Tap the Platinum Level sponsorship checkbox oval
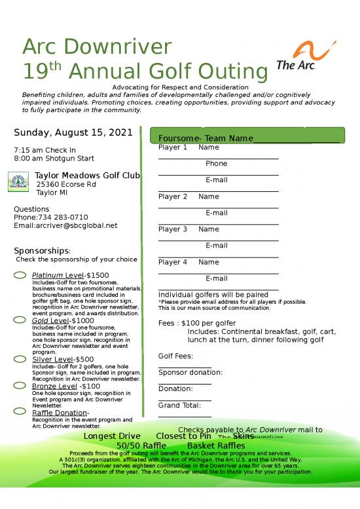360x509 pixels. coord(20,274)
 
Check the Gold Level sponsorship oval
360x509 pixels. coord(20,320)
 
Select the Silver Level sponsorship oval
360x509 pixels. coord(20,359)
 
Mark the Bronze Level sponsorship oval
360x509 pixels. coord(20,386)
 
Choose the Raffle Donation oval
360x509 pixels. coord(20,412)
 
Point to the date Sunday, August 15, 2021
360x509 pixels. coord(73,133)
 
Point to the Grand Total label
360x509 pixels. coord(179,405)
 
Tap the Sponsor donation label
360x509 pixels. coord(190,373)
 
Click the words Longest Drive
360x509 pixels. coord(112,436)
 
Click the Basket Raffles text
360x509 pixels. coord(216,445)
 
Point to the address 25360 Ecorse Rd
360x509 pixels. coord(66,185)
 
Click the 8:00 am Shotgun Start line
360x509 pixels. coord(54,159)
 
